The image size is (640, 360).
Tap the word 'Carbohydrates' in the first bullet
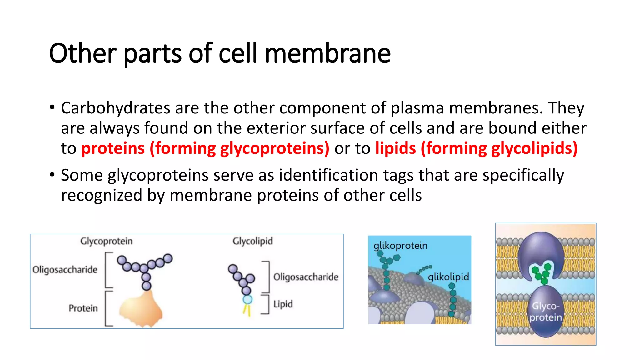(x=116, y=108)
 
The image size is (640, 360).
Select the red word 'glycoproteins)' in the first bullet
(x=275, y=148)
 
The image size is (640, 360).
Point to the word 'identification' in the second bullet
(x=328, y=175)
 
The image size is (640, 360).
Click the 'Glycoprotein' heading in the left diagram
(x=106, y=241)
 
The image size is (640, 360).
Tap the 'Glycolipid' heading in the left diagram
(x=252, y=241)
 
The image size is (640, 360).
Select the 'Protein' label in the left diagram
(x=83, y=308)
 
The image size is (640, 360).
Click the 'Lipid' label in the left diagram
(x=283, y=304)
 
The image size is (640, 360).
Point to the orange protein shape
(x=141, y=309)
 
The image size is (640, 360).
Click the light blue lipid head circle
(x=247, y=300)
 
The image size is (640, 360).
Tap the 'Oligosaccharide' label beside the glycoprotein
(x=65, y=270)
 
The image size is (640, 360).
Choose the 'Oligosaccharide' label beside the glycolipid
(x=306, y=277)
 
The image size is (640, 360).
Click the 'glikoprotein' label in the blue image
(x=400, y=246)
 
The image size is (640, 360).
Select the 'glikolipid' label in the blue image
(x=448, y=277)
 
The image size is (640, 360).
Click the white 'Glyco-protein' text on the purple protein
(x=546, y=312)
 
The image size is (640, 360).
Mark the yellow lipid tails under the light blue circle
(x=247, y=310)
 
